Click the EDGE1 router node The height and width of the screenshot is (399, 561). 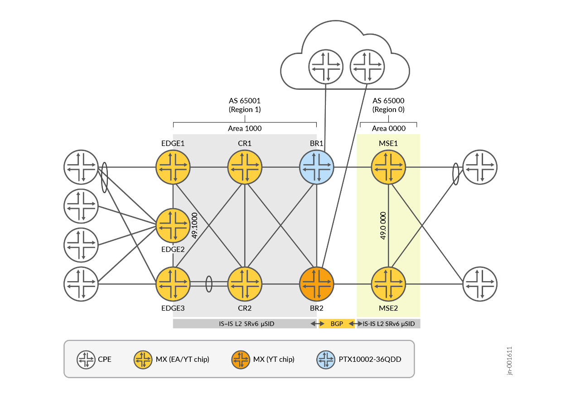point(173,167)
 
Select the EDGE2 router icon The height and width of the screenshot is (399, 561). point(173,226)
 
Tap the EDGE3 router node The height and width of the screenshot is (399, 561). point(173,284)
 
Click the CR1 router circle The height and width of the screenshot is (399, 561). point(245,167)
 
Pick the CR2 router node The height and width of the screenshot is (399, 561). point(245,284)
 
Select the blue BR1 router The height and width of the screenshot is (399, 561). point(317,167)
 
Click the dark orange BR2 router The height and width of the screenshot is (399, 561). point(317,284)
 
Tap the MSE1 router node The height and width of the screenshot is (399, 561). point(389,167)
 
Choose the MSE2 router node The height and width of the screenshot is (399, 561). point(389,284)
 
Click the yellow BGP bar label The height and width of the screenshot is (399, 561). point(337,324)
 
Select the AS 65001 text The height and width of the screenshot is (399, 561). point(245,101)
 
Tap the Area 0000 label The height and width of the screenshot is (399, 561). point(388,128)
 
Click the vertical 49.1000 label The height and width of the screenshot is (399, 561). point(195,225)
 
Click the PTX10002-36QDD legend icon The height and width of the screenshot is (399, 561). point(326,359)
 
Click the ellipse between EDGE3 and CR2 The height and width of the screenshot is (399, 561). point(209,284)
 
